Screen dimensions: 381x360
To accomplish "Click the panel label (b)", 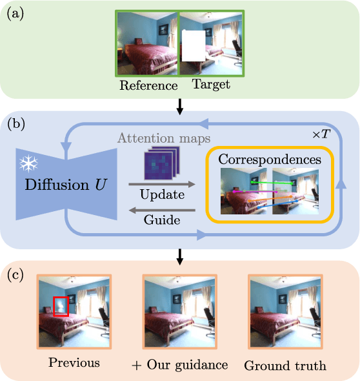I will (14, 123).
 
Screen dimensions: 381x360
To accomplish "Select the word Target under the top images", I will (210, 85).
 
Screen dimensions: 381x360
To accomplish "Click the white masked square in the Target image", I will (193, 46).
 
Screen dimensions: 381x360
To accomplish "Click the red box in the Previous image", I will (60, 307).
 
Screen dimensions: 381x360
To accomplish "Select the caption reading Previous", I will (74, 362).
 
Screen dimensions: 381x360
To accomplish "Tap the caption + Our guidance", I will (180, 365).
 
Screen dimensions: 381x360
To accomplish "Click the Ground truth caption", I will (285, 366).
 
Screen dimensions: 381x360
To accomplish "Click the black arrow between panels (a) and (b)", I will (180, 105).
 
